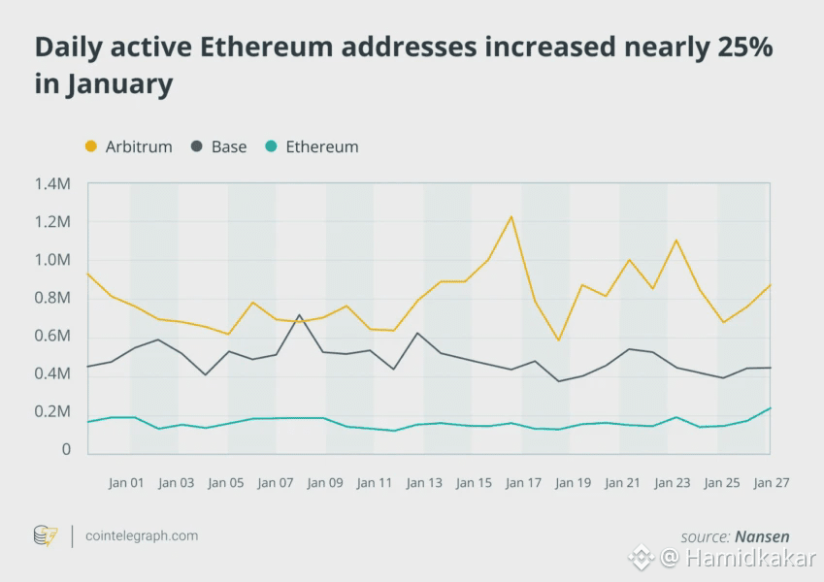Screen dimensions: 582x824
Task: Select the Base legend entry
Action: point(218,147)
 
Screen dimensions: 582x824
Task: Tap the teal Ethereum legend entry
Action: point(312,147)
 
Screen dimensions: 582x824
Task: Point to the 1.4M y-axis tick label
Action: point(52,183)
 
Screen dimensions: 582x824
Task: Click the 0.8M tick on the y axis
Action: point(52,298)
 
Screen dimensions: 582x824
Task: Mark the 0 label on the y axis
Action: point(66,450)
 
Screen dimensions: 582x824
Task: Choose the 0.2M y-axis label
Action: point(52,412)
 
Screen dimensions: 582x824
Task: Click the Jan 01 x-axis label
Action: point(126,483)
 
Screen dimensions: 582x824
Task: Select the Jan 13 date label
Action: point(424,483)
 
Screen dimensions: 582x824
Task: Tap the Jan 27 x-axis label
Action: point(772,483)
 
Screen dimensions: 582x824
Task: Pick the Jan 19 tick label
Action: point(573,483)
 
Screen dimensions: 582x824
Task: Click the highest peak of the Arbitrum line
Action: point(511,216)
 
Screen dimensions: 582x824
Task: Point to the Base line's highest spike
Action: point(300,315)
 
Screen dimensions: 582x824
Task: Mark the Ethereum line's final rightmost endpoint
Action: point(771,408)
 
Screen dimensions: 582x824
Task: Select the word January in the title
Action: point(118,83)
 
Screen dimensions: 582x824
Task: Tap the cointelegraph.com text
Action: point(142,535)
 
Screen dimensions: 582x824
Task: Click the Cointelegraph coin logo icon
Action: point(46,535)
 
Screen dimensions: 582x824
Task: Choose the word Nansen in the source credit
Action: point(762,536)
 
